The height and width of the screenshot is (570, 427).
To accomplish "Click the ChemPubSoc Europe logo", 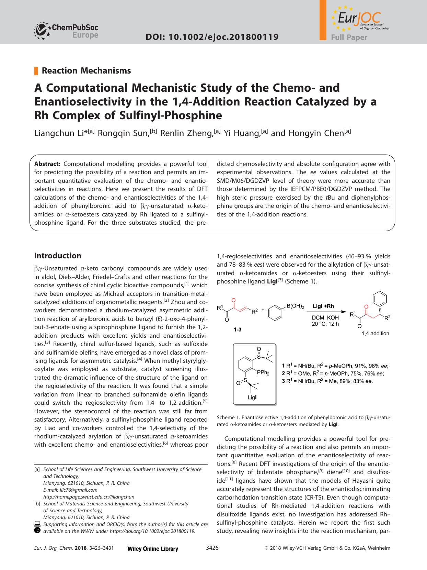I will (66, 30).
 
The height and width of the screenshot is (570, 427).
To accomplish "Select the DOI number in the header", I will (212, 37).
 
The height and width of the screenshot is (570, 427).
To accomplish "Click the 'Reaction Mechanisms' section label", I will (86, 71).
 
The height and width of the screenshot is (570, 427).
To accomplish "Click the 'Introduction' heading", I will (58, 256).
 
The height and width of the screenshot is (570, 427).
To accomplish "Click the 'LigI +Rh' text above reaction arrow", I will (323, 306).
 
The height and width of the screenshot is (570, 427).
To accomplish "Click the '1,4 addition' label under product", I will (375, 333).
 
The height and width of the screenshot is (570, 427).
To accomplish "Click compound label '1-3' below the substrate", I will (237, 330).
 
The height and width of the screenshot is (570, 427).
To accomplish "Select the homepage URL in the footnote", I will (89, 497).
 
